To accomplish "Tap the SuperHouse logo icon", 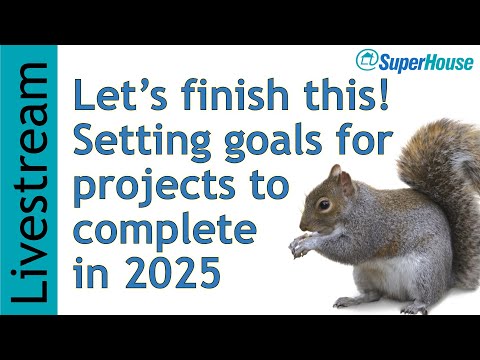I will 367,61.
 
